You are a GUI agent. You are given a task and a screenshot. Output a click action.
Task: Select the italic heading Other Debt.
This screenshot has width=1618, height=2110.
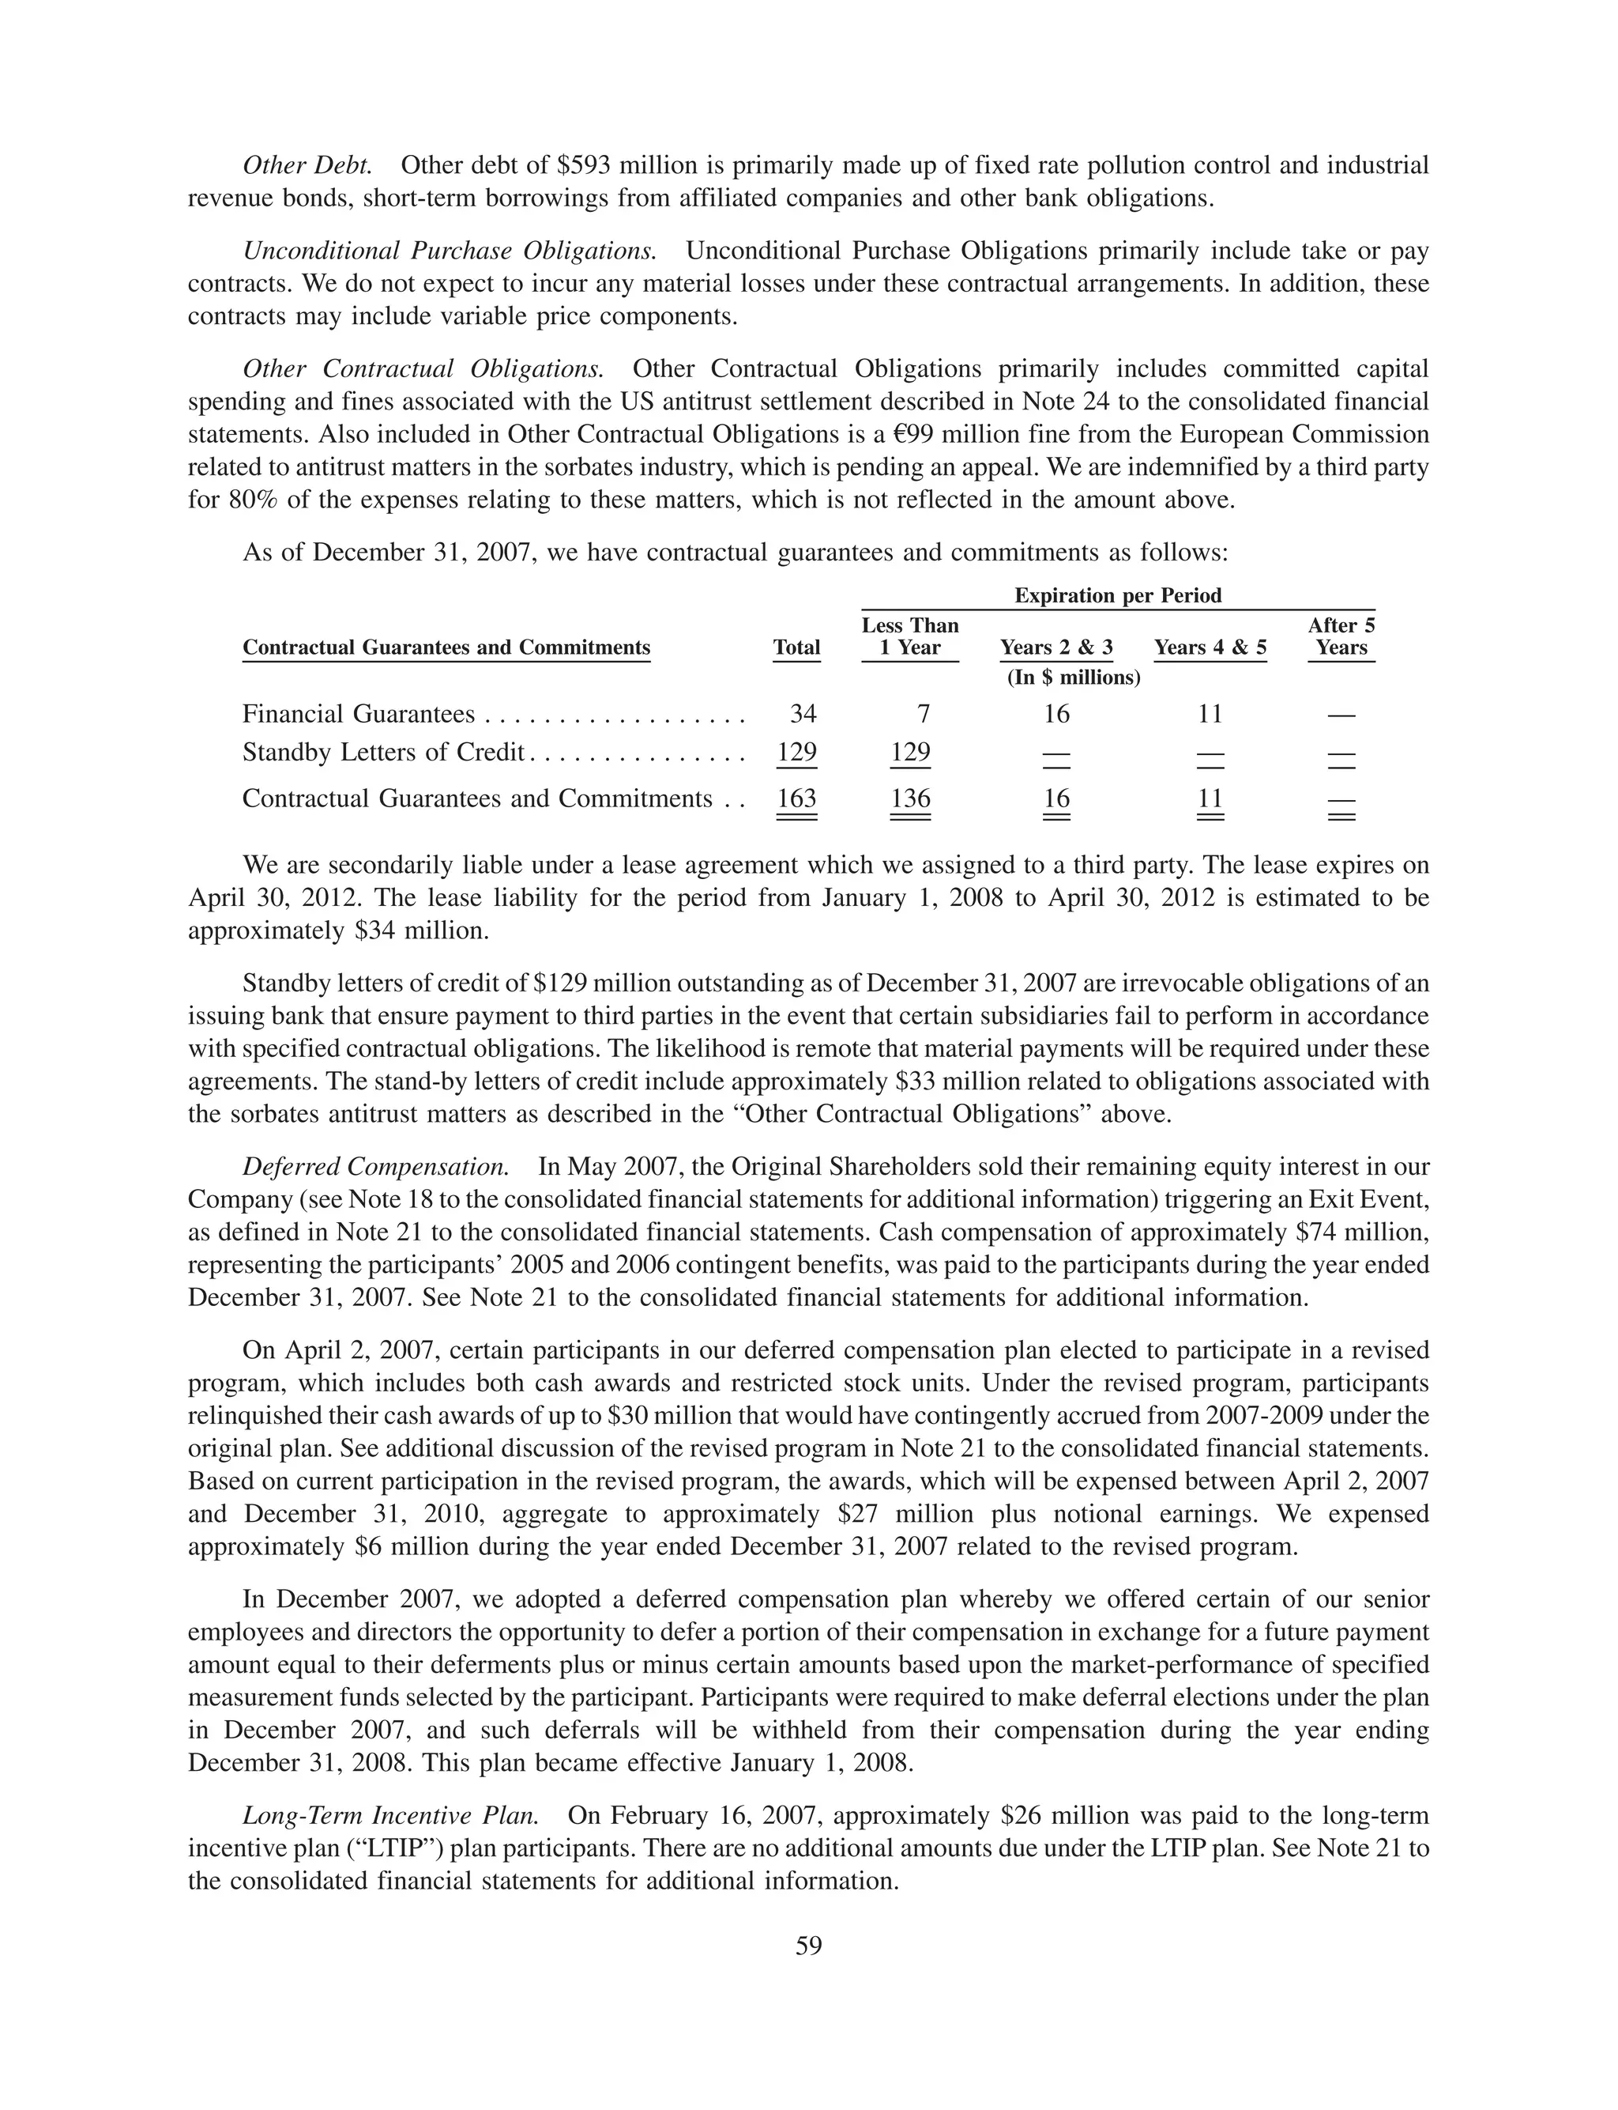(307, 166)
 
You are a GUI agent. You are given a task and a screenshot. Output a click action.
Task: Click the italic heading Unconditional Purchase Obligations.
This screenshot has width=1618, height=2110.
(450, 251)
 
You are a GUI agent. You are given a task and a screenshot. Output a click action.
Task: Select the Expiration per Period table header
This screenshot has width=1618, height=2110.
(1117, 595)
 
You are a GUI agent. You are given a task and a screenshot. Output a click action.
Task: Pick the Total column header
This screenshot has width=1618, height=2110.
(796, 647)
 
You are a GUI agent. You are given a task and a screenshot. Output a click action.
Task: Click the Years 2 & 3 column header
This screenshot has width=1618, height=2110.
(1055, 647)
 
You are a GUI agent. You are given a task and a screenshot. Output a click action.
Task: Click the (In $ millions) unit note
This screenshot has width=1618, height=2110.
(1073, 678)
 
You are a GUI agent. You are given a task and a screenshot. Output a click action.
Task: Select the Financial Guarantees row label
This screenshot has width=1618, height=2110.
(358, 714)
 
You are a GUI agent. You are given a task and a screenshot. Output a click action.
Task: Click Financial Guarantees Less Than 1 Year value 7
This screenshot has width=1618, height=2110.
(923, 714)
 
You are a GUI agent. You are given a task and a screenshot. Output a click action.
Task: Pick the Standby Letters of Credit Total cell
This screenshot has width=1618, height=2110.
(796, 752)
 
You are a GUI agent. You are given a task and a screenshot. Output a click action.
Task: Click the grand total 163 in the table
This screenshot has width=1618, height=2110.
(796, 798)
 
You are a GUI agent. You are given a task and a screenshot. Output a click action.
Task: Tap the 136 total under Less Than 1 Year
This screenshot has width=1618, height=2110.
(910, 798)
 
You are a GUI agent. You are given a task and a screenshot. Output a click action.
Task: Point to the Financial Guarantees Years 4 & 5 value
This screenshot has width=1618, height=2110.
(1210, 714)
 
